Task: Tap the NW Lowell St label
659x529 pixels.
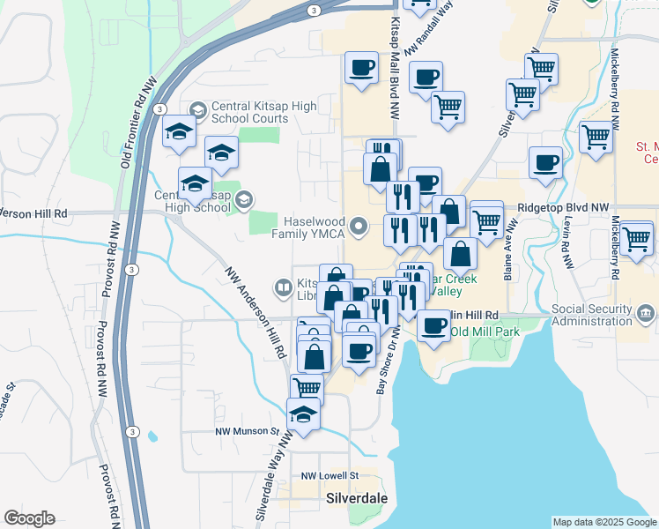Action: pos(329,475)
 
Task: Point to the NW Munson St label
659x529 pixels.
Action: pos(248,432)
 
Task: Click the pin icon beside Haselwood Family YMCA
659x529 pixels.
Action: pos(359,227)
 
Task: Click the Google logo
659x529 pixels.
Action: pos(30,518)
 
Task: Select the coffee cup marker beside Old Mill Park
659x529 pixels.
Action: pos(433,325)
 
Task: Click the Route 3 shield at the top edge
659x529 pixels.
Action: pos(314,10)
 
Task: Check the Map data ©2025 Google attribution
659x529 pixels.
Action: pos(604,522)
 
